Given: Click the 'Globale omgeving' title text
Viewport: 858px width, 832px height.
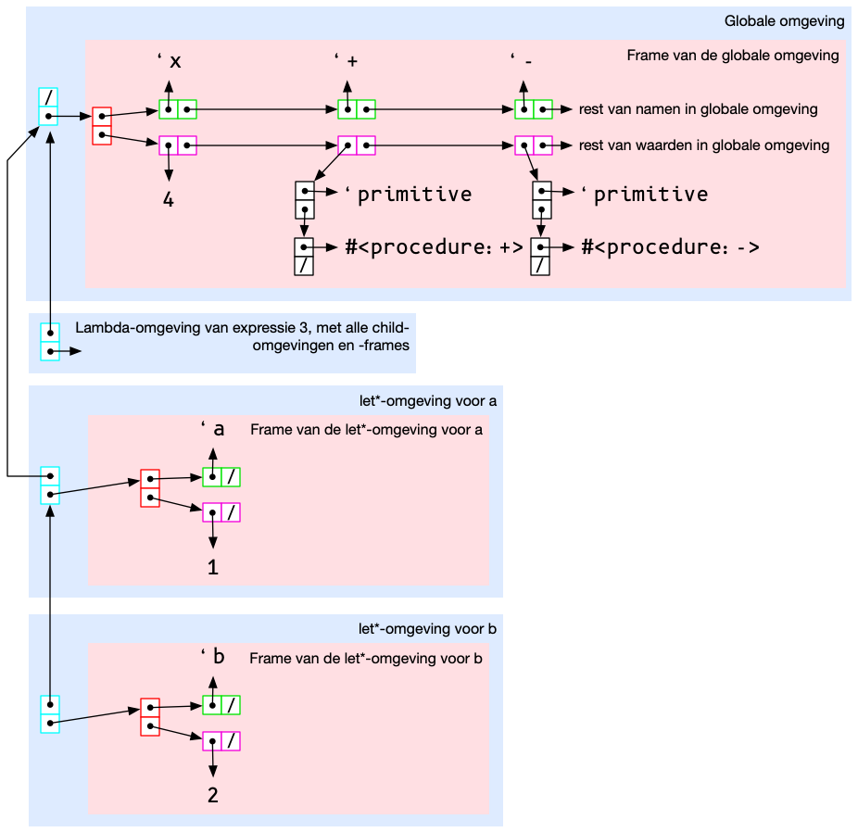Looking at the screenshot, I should pos(784,21).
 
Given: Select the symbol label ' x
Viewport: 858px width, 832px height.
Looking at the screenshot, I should pos(169,61).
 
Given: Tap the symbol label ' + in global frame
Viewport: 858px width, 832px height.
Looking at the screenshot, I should pos(347,61).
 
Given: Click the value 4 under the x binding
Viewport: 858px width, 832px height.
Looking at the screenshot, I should pos(169,198).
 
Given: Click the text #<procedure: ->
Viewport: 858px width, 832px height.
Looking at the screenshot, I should pos(670,247).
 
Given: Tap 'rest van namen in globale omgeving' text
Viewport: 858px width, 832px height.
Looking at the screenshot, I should pos(698,109).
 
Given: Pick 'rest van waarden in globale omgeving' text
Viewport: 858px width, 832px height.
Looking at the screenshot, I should pos(703,145).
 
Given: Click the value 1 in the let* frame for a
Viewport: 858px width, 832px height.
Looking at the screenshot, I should pos(213,567).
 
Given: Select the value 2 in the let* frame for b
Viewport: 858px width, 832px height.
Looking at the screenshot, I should pos(213,795).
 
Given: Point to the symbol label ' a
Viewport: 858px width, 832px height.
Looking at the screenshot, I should pos(213,429).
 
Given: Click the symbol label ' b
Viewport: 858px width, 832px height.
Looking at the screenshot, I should pos(213,657).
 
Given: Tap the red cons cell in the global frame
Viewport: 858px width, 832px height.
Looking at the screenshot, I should pos(102,126).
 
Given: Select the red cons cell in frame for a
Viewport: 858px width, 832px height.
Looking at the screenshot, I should pos(150,488).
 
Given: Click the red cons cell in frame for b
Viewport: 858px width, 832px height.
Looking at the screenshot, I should pos(150,716).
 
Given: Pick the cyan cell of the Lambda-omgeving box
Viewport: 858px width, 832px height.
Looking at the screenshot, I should pos(50,341).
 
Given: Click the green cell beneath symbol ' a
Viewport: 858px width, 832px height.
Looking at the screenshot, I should pos(221,477).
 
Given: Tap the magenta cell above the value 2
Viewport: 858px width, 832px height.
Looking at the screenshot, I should pos(221,741).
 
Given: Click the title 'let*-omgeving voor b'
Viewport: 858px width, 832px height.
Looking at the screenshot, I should pos(428,629).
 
